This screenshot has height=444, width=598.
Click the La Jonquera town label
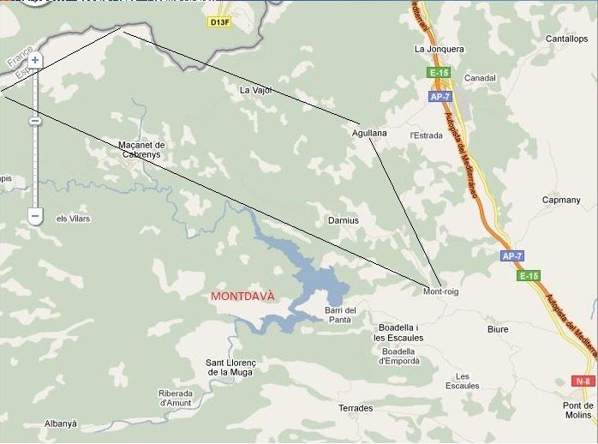[x=439, y=49]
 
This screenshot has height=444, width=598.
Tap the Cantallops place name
[x=566, y=39]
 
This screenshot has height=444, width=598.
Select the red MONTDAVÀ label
[x=243, y=296]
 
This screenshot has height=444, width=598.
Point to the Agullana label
[x=369, y=133]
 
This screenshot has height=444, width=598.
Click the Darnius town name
[x=344, y=220]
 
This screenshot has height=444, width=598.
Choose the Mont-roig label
[x=441, y=291]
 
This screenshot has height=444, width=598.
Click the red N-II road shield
[x=583, y=381]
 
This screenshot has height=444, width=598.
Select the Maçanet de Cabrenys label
[x=142, y=149]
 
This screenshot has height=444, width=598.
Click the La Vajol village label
[x=255, y=89]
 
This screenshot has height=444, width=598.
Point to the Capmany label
[x=561, y=200]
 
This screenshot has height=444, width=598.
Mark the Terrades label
[x=356, y=408]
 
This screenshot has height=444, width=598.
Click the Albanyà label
[x=61, y=423]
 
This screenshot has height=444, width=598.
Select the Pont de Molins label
[x=578, y=410]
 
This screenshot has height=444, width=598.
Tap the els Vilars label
[x=73, y=219]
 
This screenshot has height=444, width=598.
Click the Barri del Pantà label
[x=340, y=315]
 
